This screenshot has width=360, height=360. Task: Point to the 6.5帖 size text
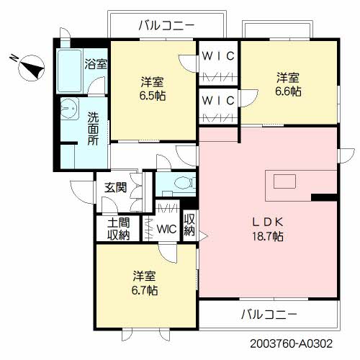pyautogui.click(x=153, y=94)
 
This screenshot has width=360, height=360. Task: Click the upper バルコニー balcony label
pyautogui.click(x=166, y=25)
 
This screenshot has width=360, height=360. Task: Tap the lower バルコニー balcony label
pyautogui.click(x=268, y=314)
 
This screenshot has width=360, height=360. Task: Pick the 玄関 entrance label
pyautogui.click(x=116, y=188)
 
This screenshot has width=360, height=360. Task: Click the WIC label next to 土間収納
pyautogui.click(x=166, y=230)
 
